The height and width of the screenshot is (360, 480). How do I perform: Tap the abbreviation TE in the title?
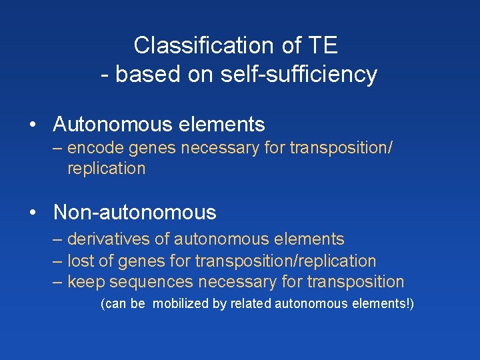click(x=323, y=45)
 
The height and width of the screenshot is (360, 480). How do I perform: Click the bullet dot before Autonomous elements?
click(x=32, y=125)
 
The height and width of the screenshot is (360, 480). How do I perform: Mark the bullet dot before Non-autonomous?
click(x=32, y=213)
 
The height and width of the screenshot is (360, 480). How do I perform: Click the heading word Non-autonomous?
click(x=135, y=213)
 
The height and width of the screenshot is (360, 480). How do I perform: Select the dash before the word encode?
click(x=58, y=147)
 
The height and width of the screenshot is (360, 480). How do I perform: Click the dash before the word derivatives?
click(x=58, y=239)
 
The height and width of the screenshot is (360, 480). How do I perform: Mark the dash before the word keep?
click(x=58, y=281)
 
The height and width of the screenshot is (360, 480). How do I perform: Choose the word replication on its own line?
click(x=106, y=168)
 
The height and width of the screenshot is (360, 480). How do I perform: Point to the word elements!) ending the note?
click(x=386, y=304)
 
